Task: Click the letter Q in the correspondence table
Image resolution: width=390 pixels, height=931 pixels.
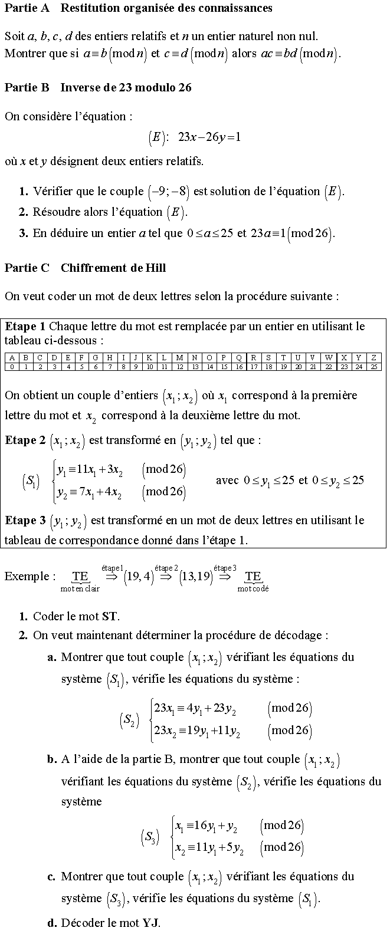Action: coord(238,357)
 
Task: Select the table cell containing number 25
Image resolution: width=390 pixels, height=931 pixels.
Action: coord(373,366)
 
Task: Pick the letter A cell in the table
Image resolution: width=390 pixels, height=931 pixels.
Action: coord(12,357)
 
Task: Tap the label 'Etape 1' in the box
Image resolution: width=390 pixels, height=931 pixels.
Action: coord(25,326)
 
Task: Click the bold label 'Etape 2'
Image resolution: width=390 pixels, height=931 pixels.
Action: coord(25,440)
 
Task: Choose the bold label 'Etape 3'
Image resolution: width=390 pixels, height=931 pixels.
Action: coord(25,520)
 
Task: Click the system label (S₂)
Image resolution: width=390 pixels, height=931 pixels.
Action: coord(130,719)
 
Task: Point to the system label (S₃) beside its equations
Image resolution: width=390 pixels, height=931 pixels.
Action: coord(150,837)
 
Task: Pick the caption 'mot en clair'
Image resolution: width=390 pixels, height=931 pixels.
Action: coord(80,588)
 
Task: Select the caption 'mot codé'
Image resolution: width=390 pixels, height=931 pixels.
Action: coord(253,588)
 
